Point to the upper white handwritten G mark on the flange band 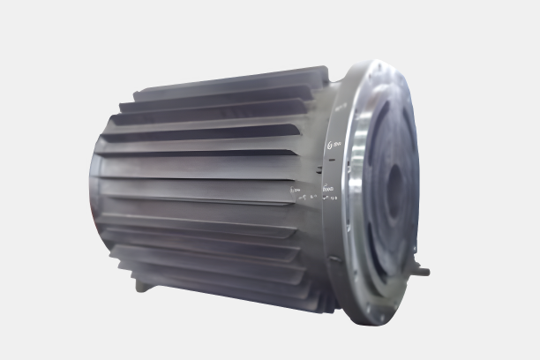coord(334,145)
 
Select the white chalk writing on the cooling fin coord(296,188)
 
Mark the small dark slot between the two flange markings coord(327,165)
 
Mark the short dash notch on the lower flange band coord(334,258)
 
